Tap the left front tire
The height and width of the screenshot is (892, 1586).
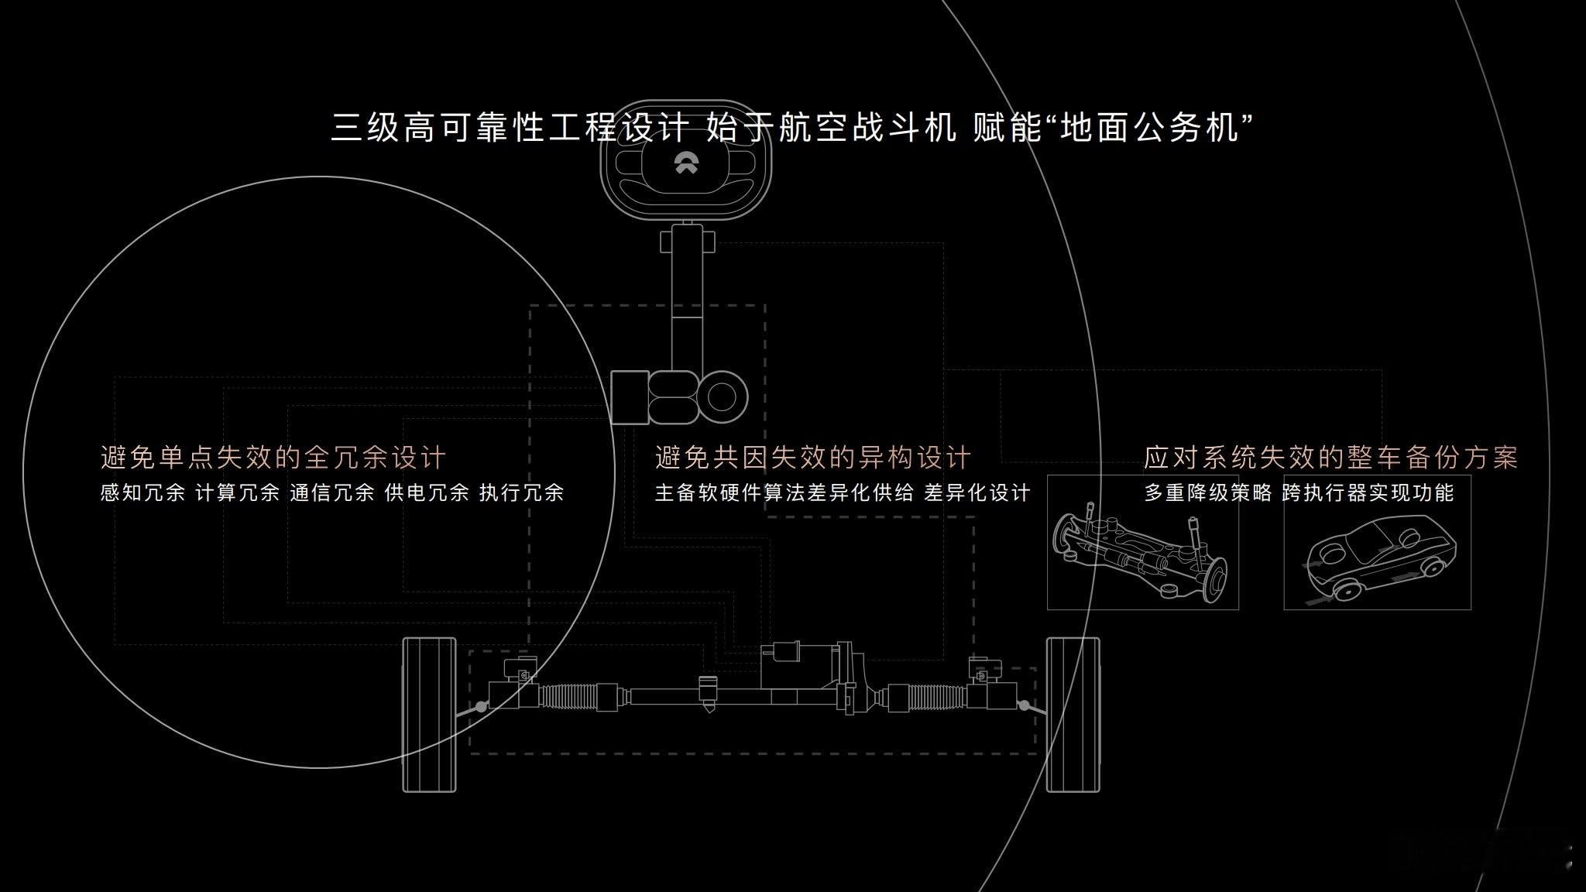[429, 715]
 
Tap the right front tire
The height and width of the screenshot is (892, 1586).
[1073, 715]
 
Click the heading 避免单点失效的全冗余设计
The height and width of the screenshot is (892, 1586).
[273, 458]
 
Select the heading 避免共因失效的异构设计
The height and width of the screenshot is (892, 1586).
[813, 458]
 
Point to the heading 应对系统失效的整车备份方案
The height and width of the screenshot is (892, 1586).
[1331, 458]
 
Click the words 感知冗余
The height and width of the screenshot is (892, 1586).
[142, 493]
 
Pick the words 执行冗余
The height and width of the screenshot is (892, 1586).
[522, 493]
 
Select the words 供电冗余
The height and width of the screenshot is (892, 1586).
[427, 493]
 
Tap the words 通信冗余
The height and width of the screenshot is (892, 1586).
[332, 493]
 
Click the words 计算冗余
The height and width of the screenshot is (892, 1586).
[238, 493]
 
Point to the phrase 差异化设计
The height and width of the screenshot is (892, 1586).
[977, 493]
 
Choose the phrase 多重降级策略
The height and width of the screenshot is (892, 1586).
[1208, 493]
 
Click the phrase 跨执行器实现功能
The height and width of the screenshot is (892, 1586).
[1368, 493]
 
